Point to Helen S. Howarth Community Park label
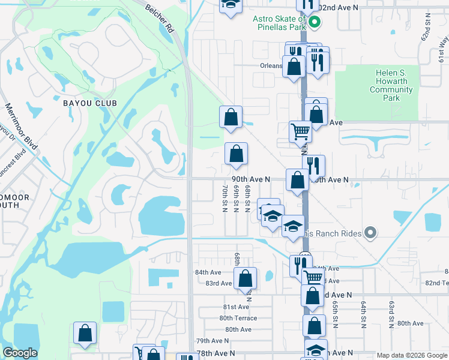(391, 85)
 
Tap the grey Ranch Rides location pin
(371, 233)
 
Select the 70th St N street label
(224, 201)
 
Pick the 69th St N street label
(236, 201)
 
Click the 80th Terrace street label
(238, 319)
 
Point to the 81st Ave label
(235, 307)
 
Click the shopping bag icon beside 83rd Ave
(245, 279)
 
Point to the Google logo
(20, 353)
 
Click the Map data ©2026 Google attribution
(411, 355)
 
